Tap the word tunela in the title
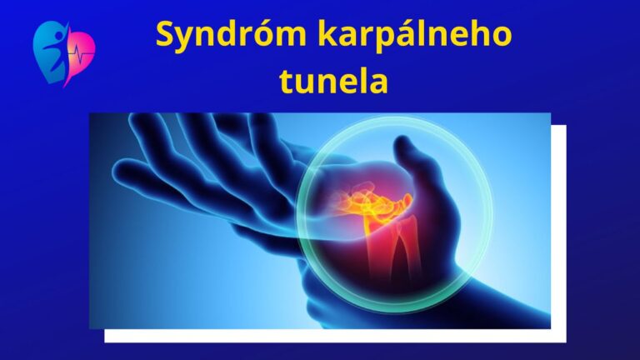coord(334,81)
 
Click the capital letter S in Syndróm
coord(165,34)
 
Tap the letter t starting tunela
coord(287,82)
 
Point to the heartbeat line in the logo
coord(81,54)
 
